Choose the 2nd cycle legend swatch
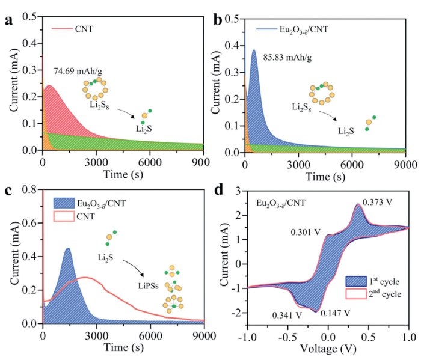point(357,295)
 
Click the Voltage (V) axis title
point(328,350)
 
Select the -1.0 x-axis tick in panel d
point(247,336)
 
